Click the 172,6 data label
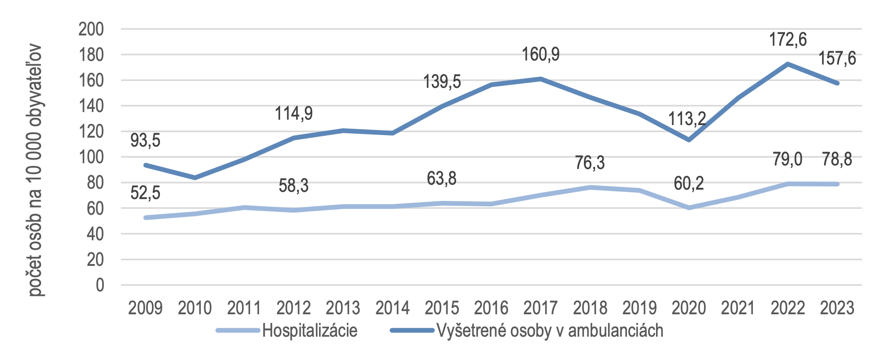point(787,40)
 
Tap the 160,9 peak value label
point(540,55)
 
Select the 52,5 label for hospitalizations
point(145,193)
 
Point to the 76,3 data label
point(590,163)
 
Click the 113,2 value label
point(687,119)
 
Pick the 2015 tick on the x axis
point(442,308)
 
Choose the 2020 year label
point(689,308)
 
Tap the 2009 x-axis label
point(145,308)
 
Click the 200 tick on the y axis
point(91,30)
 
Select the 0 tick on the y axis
point(99,285)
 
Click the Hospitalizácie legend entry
point(310,331)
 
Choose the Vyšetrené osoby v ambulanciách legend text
point(550,331)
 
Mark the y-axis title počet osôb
point(35,170)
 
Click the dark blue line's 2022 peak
point(787,64)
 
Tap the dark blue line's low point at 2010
point(194,178)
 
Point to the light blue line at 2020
point(689,208)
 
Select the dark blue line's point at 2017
point(540,79)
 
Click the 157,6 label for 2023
point(837,59)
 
